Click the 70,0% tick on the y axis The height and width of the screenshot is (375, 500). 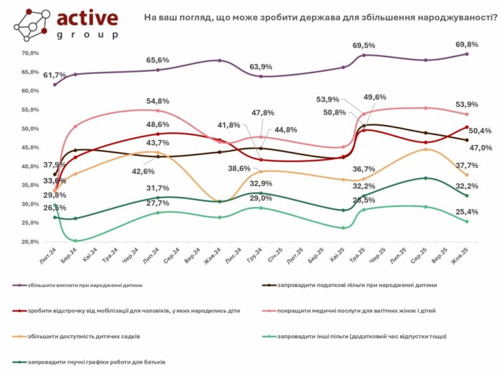(30, 53)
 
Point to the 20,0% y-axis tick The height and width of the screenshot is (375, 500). (30, 242)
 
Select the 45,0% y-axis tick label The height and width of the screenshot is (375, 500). (30, 147)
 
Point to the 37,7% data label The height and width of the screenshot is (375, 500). (482, 182)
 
